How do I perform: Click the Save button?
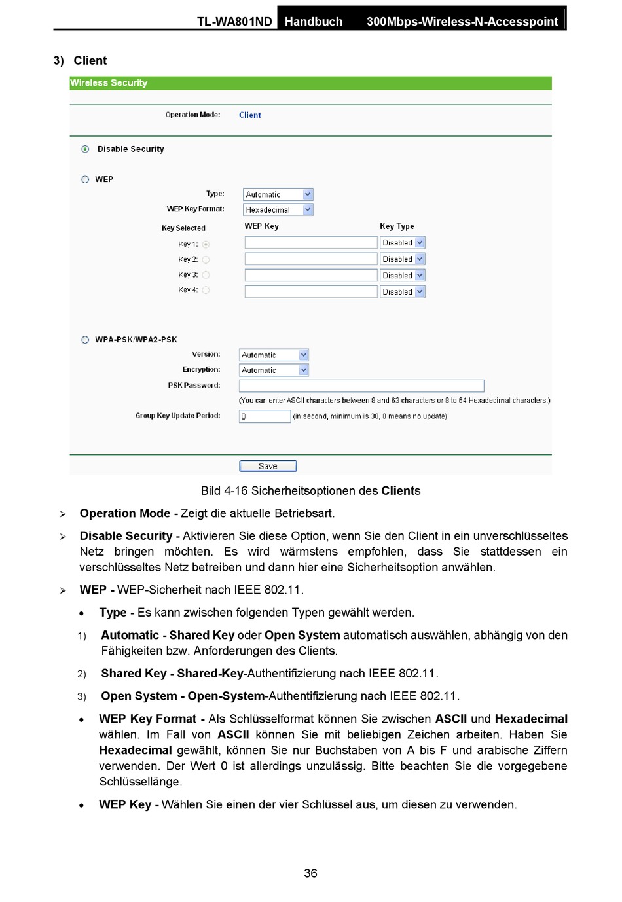click(x=268, y=466)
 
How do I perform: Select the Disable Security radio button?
click(x=85, y=149)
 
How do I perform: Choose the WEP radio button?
click(x=85, y=179)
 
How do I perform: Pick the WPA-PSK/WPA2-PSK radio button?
click(x=85, y=340)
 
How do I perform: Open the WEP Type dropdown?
click(x=278, y=194)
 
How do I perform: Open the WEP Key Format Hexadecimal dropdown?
click(x=278, y=209)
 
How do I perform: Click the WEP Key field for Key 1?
click(x=310, y=243)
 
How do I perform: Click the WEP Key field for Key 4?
click(x=310, y=291)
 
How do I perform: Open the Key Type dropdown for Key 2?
click(x=402, y=259)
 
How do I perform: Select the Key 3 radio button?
click(x=206, y=275)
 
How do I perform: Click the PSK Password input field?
click(x=361, y=386)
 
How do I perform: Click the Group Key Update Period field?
click(x=265, y=416)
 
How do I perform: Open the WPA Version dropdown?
click(x=273, y=355)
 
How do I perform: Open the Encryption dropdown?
click(x=273, y=370)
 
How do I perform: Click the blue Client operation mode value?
click(x=249, y=115)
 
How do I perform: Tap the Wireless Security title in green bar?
click(x=109, y=83)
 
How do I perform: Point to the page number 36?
click(x=310, y=873)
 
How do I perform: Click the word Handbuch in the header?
click(x=314, y=22)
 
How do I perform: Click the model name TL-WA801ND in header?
click(x=234, y=22)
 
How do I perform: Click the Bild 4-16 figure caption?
click(x=310, y=491)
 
